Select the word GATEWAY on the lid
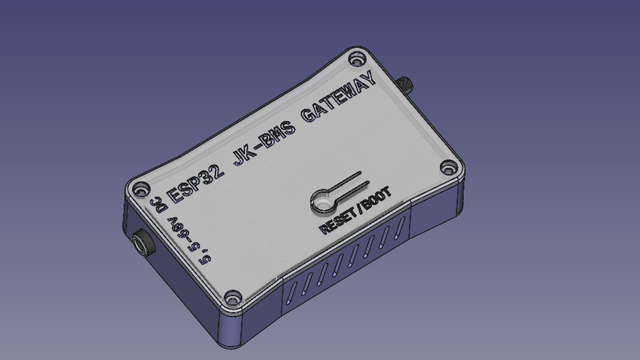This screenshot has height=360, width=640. coord(338,96)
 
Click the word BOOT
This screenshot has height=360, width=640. coord(377,198)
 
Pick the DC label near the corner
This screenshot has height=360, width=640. coord(157,204)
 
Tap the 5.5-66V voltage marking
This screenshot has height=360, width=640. coord(190,241)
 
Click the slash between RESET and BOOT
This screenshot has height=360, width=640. coord(358,210)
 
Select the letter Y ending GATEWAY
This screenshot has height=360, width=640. coord(370,78)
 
